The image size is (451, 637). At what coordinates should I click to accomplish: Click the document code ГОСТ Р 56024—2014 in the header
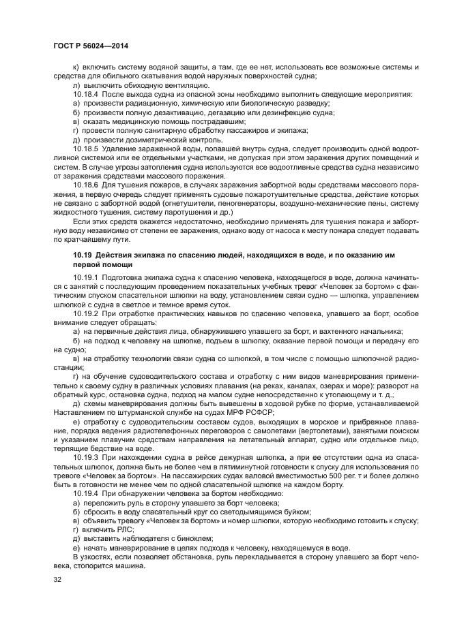tap(90, 44)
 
